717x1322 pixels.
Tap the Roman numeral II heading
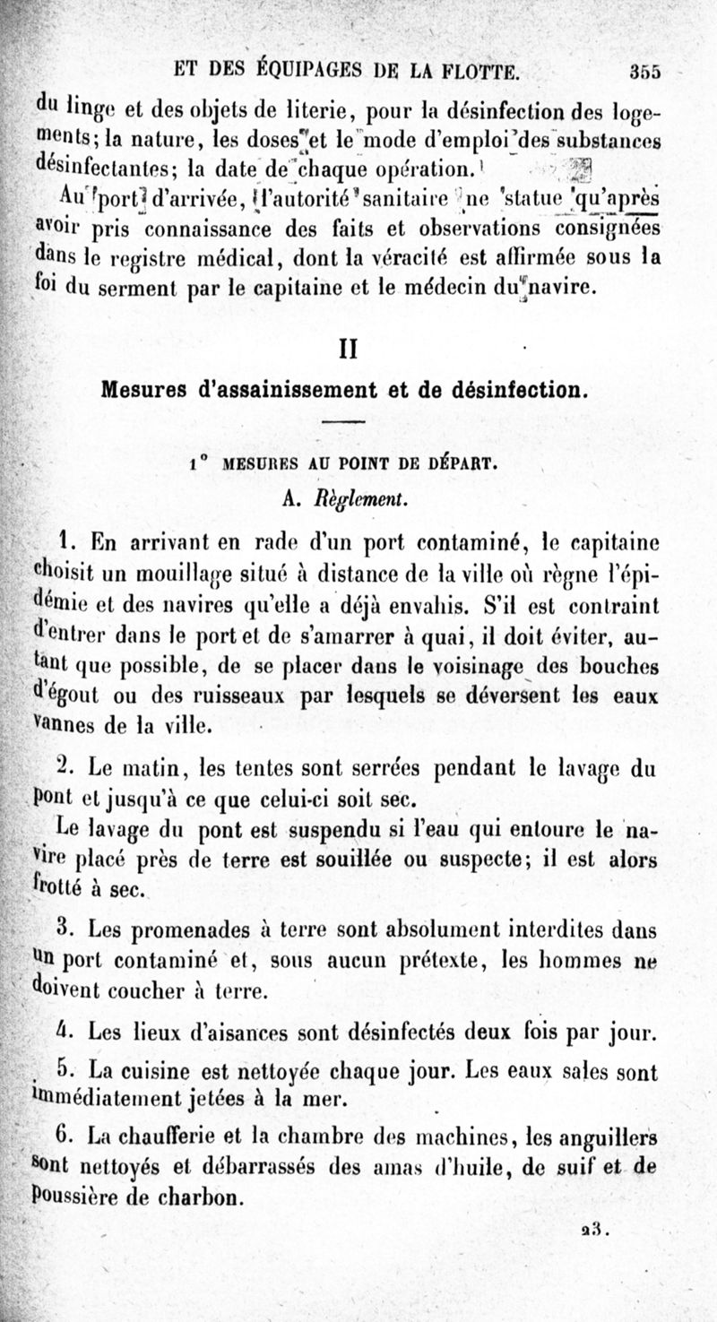(x=347, y=348)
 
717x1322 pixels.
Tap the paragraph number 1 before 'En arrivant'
(x=64, y=540)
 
